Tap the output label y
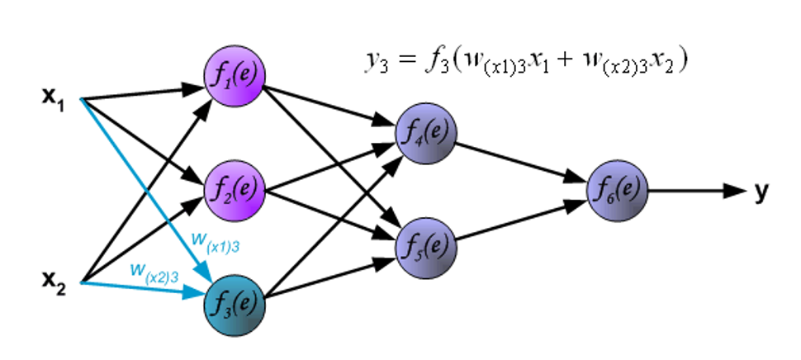pyautogui.click(x=761, y=191)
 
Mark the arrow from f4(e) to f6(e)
pyautogui.click(x=520, y=160)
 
